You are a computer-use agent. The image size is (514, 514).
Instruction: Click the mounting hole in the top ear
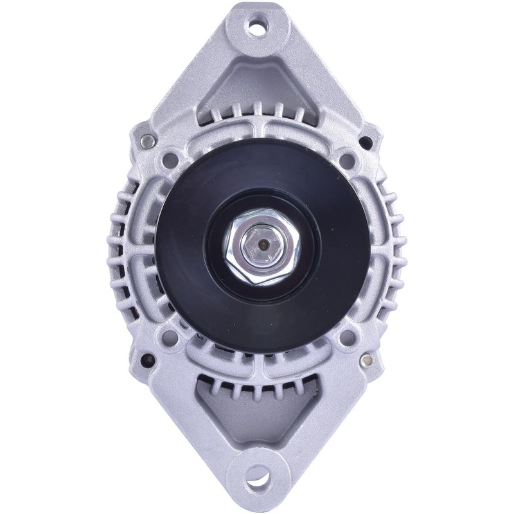pyautogui.click(x=261, y=27)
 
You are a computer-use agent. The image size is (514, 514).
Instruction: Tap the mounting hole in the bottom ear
pyautogui.click(x=261, y=486)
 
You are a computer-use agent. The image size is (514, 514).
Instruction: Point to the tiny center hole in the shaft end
pyautogui.click(x=262, y=245)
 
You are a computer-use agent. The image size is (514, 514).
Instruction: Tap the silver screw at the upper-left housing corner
pyautogui.click(x=149, y=139)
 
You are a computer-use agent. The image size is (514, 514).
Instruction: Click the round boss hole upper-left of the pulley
pyautogui.click(x=172, y=156)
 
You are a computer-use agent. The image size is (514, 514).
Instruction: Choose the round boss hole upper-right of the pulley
pyautogui.click(x=348, y=156)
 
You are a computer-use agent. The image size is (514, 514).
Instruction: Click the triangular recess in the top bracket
pyautogui.click(x=261, y=84)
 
